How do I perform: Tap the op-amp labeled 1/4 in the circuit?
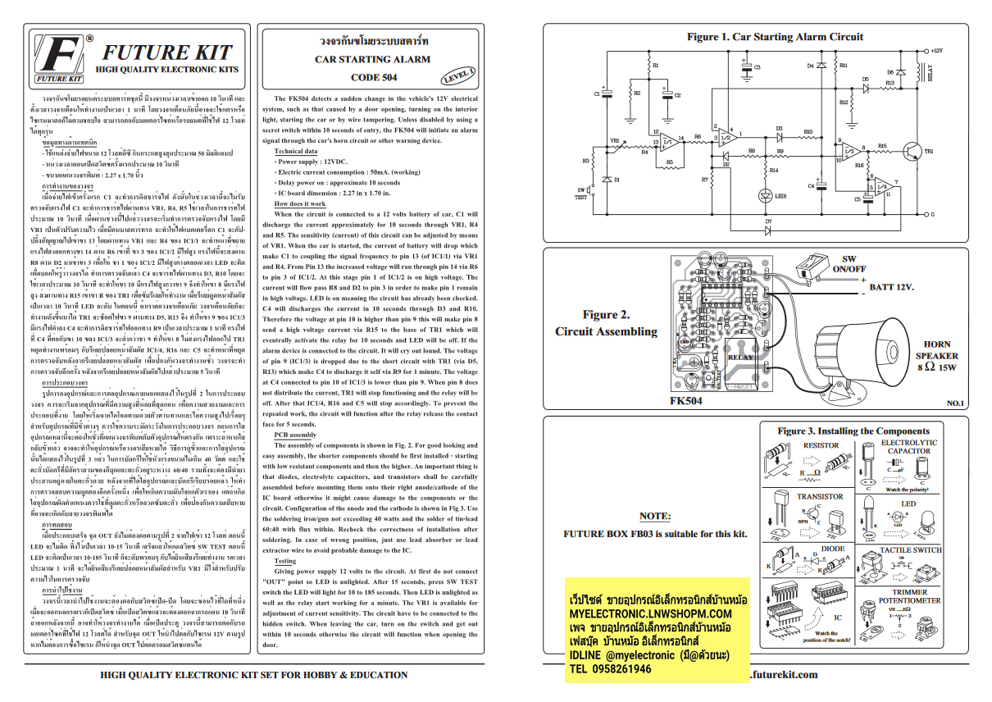tap(877, 187)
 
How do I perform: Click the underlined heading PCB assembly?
tap(289, 435)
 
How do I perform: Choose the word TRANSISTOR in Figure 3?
tap(820, 496)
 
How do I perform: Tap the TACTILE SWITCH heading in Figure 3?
tap(911, 549)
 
